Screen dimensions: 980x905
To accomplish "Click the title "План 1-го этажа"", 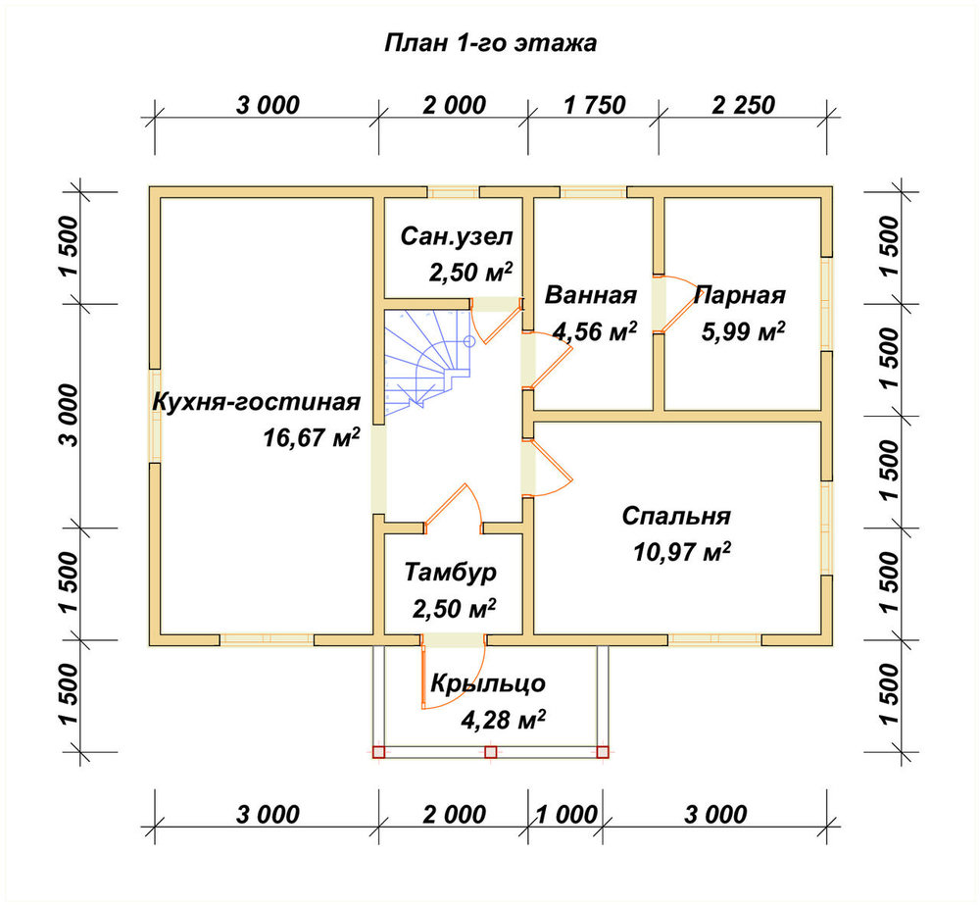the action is point(490,43).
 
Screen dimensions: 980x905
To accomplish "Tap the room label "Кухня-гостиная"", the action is point(256,402).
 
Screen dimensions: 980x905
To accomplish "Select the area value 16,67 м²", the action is point(312,437).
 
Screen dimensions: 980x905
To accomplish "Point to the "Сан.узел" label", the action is point(457,236).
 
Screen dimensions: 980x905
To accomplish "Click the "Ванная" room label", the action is point(591,294).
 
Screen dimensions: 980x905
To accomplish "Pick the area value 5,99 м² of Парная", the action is point(743,331).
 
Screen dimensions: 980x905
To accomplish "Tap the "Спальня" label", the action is point(676,516).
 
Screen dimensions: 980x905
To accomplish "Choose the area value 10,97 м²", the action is point(682,552).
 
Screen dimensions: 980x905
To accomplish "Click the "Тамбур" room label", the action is point(451,573).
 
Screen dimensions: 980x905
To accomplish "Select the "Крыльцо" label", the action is point(488,683).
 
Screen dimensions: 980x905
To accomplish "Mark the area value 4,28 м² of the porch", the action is point(503,720).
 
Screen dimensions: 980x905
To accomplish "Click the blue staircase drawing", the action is point(426,363).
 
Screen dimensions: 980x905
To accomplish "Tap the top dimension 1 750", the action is point(595,105).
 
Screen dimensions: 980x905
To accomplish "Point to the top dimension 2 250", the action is point(743,105).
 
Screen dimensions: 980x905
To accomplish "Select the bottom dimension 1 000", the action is point(566,815).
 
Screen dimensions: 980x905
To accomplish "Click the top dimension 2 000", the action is point(455,105).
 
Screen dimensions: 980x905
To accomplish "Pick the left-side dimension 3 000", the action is point(70,415).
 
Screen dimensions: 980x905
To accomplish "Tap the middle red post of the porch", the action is point(491,752).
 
